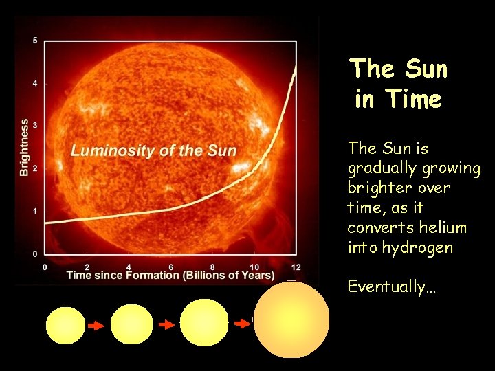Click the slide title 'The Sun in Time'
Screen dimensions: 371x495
click(x=399, y=84)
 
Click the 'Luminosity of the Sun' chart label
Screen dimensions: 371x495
click(x=153, y=151)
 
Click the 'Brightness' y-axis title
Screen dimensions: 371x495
click(x=25, y=147)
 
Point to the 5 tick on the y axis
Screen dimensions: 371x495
click(x=35, y=41)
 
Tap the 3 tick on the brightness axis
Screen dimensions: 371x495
click(x=35, y=126)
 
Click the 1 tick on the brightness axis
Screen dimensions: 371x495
click(x=35, y=211)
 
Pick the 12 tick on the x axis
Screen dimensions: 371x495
click(x=296, y=267)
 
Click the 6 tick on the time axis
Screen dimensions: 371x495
click(x=171, y=267)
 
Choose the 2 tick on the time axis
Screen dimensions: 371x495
click(x=87, y=267)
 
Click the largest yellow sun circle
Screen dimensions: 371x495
click(x=291, y=319)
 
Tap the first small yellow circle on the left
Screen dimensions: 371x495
click(x=65, y=324)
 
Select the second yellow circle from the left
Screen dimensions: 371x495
click(x=131, y=324)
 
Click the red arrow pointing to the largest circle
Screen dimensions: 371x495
click(x=242, y=323)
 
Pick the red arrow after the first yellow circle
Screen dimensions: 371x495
click(x=96, y=326)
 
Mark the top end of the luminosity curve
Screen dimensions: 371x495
click(x=296, y=65)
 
